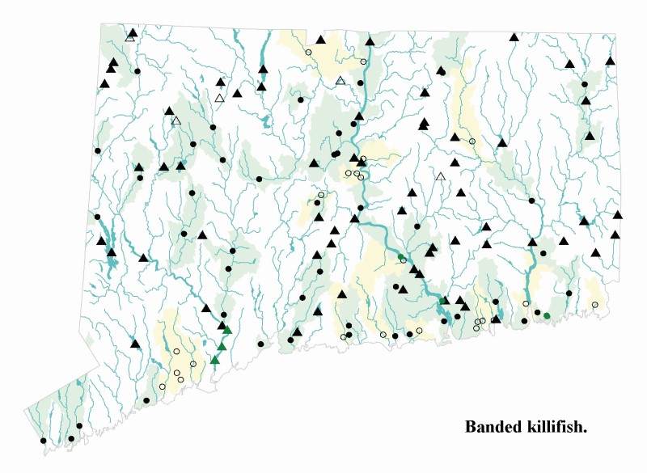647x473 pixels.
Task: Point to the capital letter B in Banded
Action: pyautogui.click(x=471, y=426)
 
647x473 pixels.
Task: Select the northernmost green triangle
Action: pyautogui.click(x=227, y=329)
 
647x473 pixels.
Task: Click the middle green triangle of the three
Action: pyautogui.click(x=222, y=345)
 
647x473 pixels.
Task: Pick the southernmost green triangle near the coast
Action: pyautogui.click(x=215, y=360)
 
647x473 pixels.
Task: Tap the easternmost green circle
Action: pyautogui.click(x=547, y=315)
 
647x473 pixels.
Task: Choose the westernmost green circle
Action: pyautogui.click(x=400, y=257)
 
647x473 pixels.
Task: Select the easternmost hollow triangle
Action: pyautogui.click(x=441, y=176)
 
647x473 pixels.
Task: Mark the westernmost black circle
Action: pyautogui.click(x=43, y=441)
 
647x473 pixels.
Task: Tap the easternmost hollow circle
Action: pyautogui.click(x=595, y=305)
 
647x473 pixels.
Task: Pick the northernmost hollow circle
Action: pyautogui.click(x=308, y=53)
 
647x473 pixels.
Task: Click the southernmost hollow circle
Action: pyautogui.click(x=163, y=386)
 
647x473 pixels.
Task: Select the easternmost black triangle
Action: pyautogui.click(x=618, y=214)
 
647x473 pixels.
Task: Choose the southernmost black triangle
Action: pyautogui.click(x=136, y=343)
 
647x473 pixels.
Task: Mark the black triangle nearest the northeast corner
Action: pyautogui.click(x=611, y=60)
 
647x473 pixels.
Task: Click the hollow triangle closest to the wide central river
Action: pyautogui.click(x=340, y=80)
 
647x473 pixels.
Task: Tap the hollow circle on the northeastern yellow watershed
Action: pyautogui.click(x=472, y=141)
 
